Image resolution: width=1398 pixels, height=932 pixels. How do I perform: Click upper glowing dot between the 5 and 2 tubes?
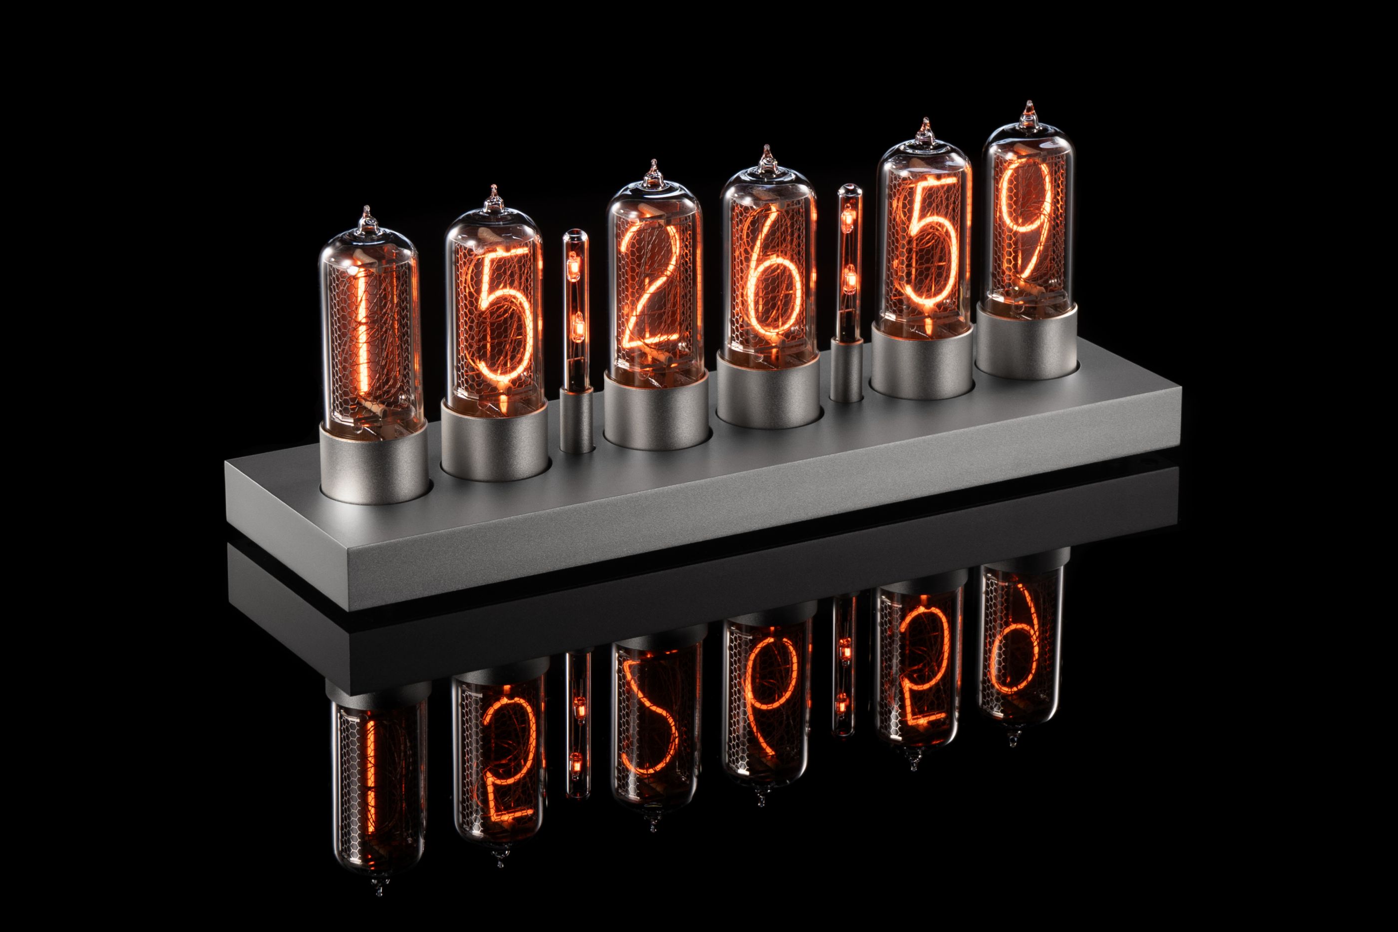point(574,271)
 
